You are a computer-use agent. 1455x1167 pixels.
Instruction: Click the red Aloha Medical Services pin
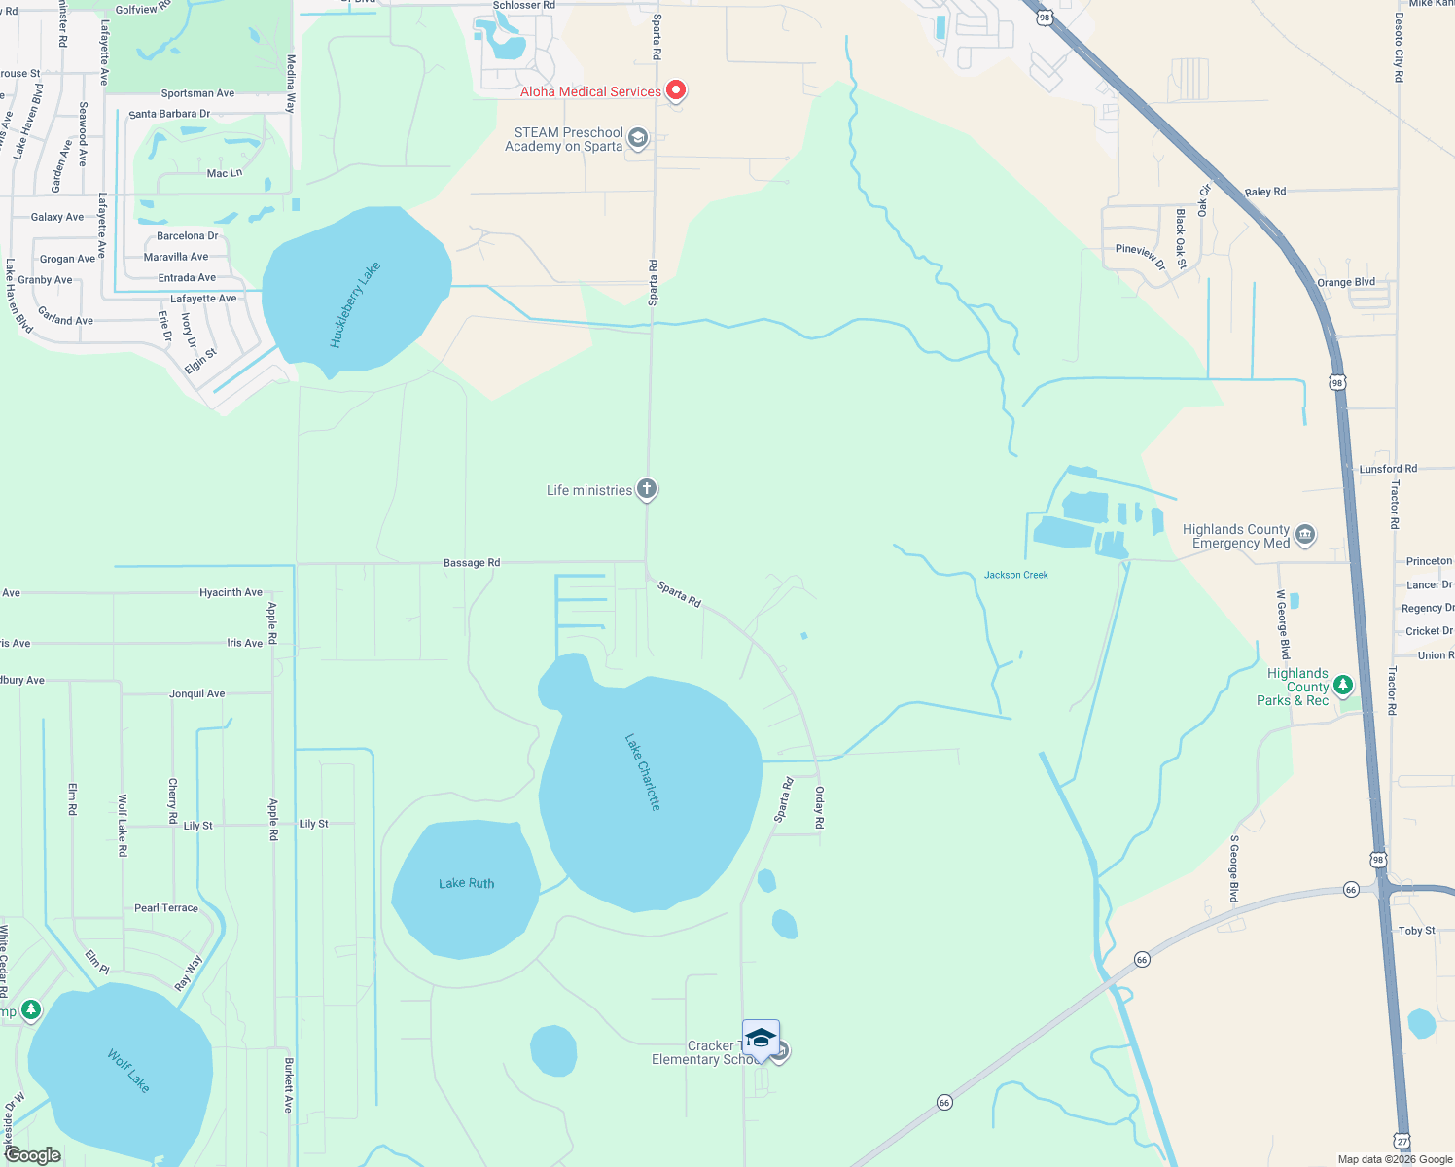675,90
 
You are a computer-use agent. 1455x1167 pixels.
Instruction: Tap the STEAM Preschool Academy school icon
638,138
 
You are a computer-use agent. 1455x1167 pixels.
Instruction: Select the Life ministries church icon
647,489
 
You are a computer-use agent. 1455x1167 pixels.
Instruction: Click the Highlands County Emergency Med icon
1305,534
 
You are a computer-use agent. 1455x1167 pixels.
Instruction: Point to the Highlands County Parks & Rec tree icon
1343,686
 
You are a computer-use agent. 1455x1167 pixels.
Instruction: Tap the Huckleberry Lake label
355,304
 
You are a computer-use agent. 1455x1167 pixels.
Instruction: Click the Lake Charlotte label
643,772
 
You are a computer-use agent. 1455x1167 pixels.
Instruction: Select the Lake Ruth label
466,883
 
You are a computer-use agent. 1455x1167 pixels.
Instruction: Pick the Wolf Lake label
128,1070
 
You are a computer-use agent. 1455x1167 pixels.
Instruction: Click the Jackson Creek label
1015,575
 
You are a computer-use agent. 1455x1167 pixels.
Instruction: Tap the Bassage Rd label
472,563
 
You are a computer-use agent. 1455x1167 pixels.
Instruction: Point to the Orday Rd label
820,807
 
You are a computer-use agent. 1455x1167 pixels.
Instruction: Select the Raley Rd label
1265,192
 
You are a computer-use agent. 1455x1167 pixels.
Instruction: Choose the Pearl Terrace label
166,908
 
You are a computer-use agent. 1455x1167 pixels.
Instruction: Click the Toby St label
1416,931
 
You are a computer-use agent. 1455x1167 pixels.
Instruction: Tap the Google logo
32,1155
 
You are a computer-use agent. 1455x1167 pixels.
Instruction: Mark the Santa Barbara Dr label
169,114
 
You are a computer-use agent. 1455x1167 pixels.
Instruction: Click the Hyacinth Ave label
231,592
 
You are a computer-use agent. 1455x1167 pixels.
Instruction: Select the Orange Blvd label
1346,282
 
